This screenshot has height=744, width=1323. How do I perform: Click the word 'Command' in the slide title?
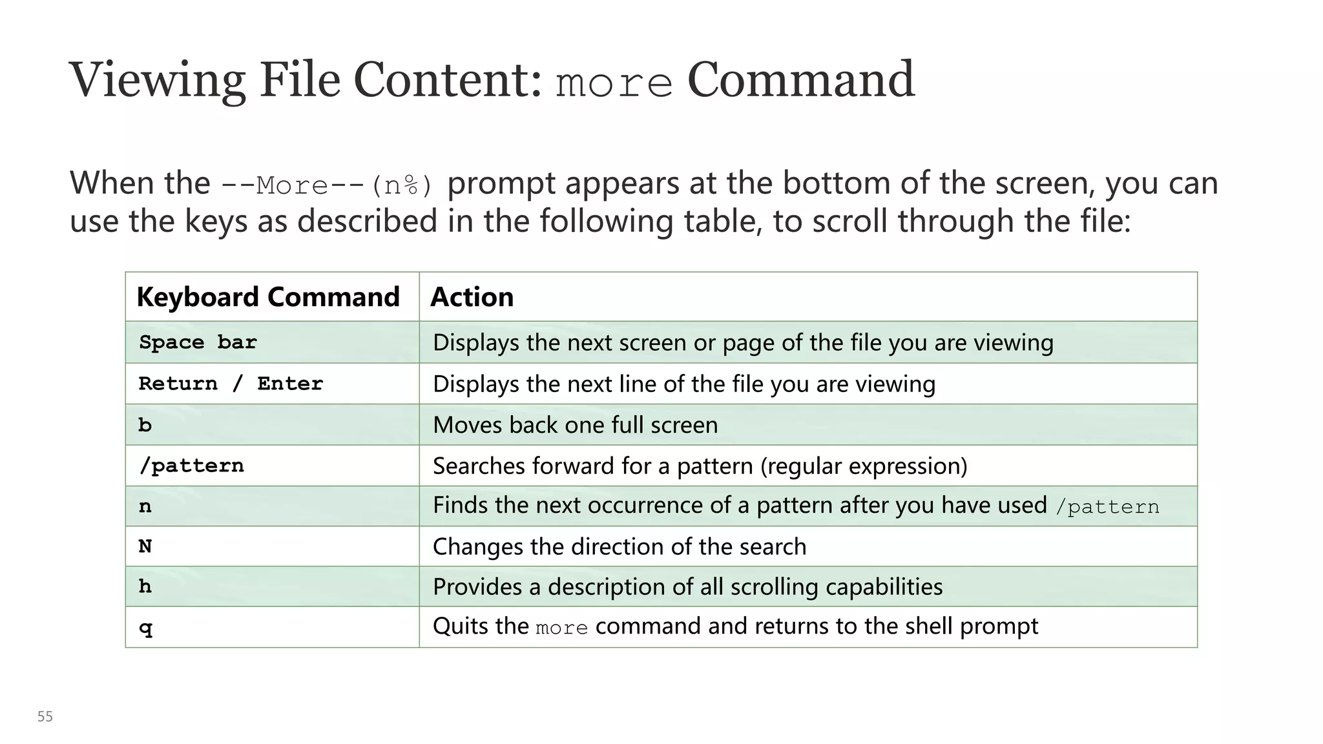pyautogui.click(x=801, y=80)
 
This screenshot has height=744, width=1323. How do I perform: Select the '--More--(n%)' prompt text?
pyautogui.click(x=326, y=185)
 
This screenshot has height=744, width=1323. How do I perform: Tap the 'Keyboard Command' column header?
pyautogui.click(x=268, y=297)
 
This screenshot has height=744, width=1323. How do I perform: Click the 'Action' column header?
pyautogui.click(x=472, y=297)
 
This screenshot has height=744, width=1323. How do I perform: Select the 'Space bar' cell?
pyautogui.click(x=198, y=342)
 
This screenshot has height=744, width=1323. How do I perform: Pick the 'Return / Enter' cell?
pyautogui.click(x=231, y=384)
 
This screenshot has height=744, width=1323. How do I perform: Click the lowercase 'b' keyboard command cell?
pyautogui.click(x=145, y=425)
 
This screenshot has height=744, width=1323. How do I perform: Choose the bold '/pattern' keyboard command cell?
pyautogui.click(x=191, y=466)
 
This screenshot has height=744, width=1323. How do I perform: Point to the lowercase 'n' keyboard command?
pyautogui.click(x=145, y=506)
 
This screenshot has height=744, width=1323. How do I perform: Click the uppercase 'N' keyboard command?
pyautogui.click(x=145, y=546)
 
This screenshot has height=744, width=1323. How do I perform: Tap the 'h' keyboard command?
pyautogui.click(x=145, y=586)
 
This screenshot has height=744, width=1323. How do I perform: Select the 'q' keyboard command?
pyautogui.click(x=146, y=628)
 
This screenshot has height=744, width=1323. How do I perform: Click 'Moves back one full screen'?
pyautogui.click(x=575, y=425)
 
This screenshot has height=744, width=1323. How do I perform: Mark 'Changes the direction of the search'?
pyautogui.click(x=620, y=546)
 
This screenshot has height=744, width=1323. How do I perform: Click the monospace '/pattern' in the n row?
pyautogui.click(x=1107, y=507)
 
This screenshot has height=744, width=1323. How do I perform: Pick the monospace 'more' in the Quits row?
pyautogui.click(x=561, y=628)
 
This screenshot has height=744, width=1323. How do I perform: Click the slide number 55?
pyautogui.click(x=45, y=716)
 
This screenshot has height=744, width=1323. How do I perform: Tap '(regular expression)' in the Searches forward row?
pyautogui.click(x=864, y=466)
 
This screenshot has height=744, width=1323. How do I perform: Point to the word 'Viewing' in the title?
pyautogui.click(x=157, y=80)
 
